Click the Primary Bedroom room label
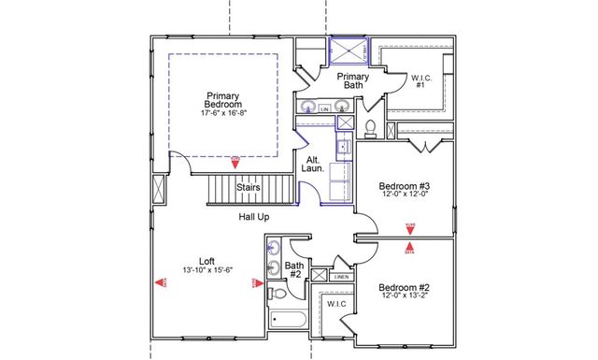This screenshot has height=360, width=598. click(222, 99)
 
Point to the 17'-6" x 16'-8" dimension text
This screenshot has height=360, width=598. click(222, 113)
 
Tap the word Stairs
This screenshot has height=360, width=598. click(248, 187)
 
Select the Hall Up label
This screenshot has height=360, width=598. click(255, 217)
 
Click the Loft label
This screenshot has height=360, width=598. click(206, 261)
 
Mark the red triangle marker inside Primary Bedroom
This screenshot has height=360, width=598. click(235, 160)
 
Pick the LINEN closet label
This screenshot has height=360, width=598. click(341, 277)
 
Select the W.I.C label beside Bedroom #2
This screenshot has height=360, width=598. click(336, 304)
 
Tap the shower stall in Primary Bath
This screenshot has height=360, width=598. click(348, 51)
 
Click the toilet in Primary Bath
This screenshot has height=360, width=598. click(370, 124)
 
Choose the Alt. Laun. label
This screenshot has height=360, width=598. click(315, 166)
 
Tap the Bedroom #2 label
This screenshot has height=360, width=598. click(405, 287)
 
